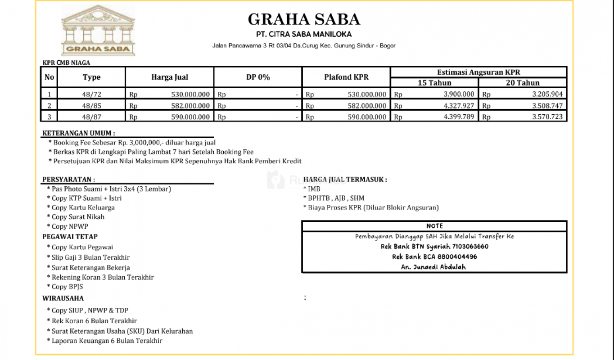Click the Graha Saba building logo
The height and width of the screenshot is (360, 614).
(98, 31)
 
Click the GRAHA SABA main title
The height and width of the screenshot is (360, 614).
(304, 19)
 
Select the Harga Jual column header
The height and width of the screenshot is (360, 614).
(170, 77)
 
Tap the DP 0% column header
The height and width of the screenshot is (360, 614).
(258, 77)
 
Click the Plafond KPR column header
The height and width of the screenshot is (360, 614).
(346, 77)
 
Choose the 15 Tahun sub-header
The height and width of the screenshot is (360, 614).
(434, 83)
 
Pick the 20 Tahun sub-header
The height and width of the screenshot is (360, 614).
(522, 83)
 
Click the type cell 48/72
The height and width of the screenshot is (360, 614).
(91, 94)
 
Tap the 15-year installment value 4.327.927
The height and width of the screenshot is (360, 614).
(459, 106)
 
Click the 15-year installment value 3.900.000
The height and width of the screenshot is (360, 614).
(459, 94)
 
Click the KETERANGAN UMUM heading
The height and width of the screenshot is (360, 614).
(78, 133)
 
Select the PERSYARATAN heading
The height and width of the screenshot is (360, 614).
(68, 180)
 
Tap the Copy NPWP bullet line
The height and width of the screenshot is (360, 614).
(70, 226)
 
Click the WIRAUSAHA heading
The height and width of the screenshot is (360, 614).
(63, 298)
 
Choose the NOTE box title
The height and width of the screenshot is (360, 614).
(434, 226)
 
